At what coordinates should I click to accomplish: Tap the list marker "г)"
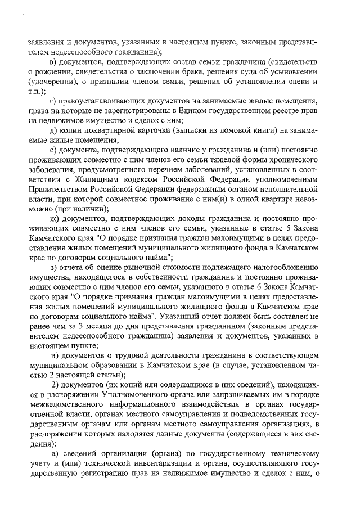click(x=53, y=101)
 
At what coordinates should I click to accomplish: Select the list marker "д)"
click(x=54, y=131)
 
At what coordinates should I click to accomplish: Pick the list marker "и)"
click(x=55, y=354)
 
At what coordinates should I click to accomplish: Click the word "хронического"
click(x=292, y=161)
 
